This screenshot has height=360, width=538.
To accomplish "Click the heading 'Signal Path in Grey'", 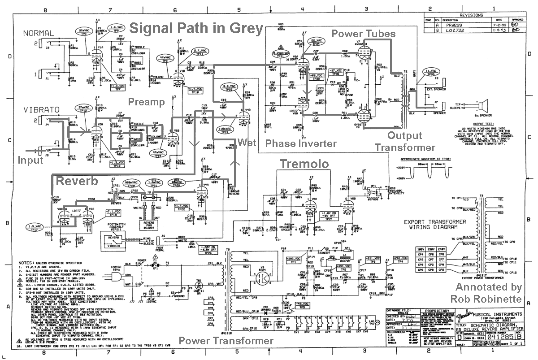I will (x=196, y=29).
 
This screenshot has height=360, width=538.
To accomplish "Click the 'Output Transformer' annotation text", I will (x=405, y=141).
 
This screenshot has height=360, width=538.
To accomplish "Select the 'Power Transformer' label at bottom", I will (x=226, y=341).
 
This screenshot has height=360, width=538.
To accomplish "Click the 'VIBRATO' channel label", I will (x=40, y=109).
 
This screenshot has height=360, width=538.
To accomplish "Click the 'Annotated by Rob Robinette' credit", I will (x=488, y=292).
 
